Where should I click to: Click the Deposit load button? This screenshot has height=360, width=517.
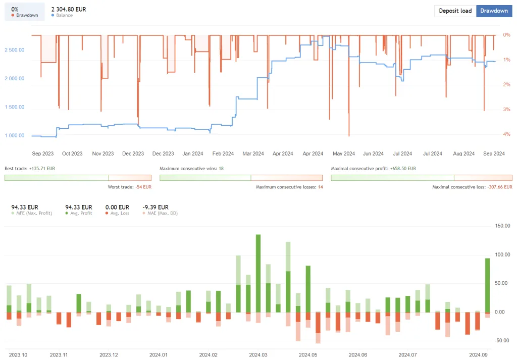(x=455, y=11)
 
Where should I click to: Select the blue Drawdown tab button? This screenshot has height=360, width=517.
(x=494, y=11)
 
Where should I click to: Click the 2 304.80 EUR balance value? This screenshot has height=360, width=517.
(x=69, y=9)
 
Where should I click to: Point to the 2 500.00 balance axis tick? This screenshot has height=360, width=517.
(x=14, y=50)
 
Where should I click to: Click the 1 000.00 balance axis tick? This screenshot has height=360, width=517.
(x=14, y=135)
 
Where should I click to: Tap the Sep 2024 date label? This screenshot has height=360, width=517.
(x=494, y=153)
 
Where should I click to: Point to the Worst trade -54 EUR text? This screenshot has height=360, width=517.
(x=129, y=187)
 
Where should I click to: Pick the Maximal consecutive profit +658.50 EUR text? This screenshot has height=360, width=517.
(x=373, y=168)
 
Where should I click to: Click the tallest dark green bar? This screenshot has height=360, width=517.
(x=258, y=273)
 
